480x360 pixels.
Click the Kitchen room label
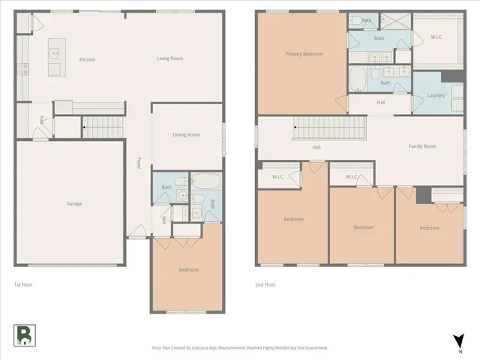coord(88,59)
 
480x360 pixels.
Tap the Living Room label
coord(171,59)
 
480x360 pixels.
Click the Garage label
coord(73,204)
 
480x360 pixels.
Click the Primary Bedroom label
coord(304,54)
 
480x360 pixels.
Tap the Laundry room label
coord(436,95)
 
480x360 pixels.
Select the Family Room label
coord(422,146)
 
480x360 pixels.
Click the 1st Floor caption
coord(23,285)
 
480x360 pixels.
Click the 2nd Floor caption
coord(265,285)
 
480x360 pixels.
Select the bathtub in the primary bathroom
coord(358,77)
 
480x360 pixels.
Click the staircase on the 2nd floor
coord(328,128)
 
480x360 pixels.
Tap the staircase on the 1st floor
coord(103,127)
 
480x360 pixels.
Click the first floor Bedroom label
coord(188,270)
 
